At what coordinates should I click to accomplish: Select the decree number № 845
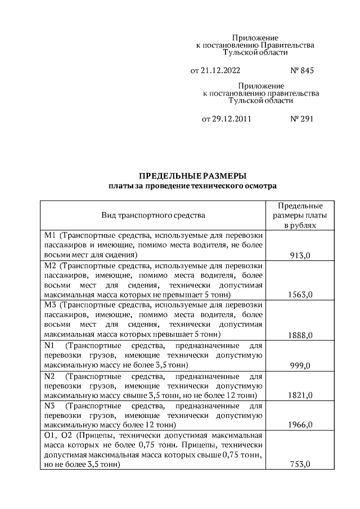click(301, 71)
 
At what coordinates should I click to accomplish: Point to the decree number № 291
click(301, 119)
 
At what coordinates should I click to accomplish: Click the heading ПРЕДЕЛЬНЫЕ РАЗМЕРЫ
click(193, 175)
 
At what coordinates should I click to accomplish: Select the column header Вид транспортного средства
click(153, 215)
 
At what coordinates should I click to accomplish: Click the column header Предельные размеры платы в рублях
click(300, 215)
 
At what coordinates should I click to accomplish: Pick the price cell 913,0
click(300, 255)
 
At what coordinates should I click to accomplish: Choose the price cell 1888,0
click(300, 335)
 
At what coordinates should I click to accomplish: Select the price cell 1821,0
click(300, 395)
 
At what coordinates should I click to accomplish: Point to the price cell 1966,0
click(300, 425)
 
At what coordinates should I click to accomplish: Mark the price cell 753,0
click(300, 465)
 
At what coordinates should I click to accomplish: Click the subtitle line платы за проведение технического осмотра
click(193, 186)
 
